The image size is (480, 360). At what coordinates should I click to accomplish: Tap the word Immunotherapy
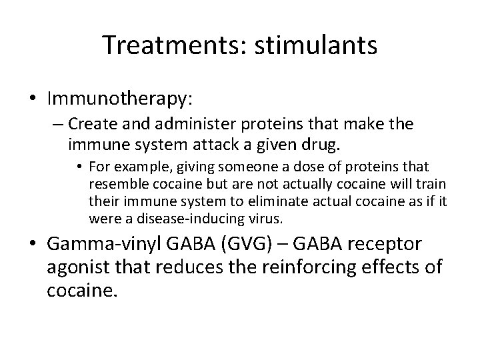pos(120,99)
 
